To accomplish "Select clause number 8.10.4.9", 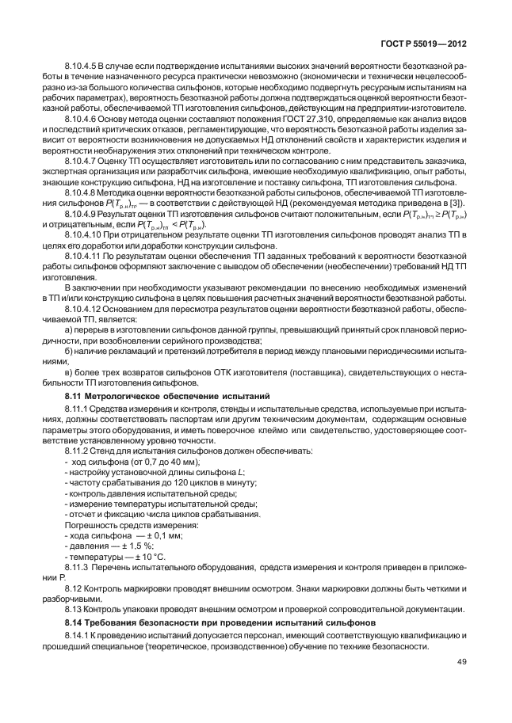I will point(81,214).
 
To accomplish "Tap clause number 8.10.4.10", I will point(82,235).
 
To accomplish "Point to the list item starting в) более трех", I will point(262,372).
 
